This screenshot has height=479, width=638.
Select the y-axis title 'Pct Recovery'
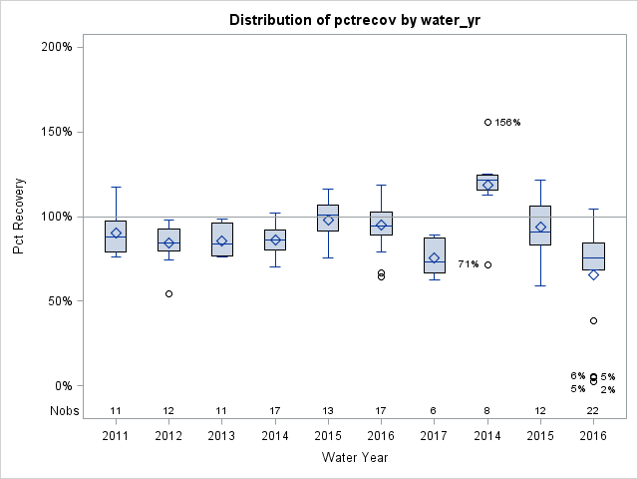point(20,217)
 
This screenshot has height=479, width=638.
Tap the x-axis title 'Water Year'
point(355,458)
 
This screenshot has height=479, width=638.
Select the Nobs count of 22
point(593,411)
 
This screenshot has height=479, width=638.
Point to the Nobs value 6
point(434,411)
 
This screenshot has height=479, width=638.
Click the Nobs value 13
point(328,411)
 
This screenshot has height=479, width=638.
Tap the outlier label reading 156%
point(508,123)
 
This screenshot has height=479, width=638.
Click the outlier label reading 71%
point(468,264)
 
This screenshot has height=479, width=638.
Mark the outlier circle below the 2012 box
point(168,293)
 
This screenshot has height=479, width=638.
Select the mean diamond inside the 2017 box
point(434,257)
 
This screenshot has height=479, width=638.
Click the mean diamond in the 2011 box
point(116,233)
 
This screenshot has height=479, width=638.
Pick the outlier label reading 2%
point(608,390)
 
